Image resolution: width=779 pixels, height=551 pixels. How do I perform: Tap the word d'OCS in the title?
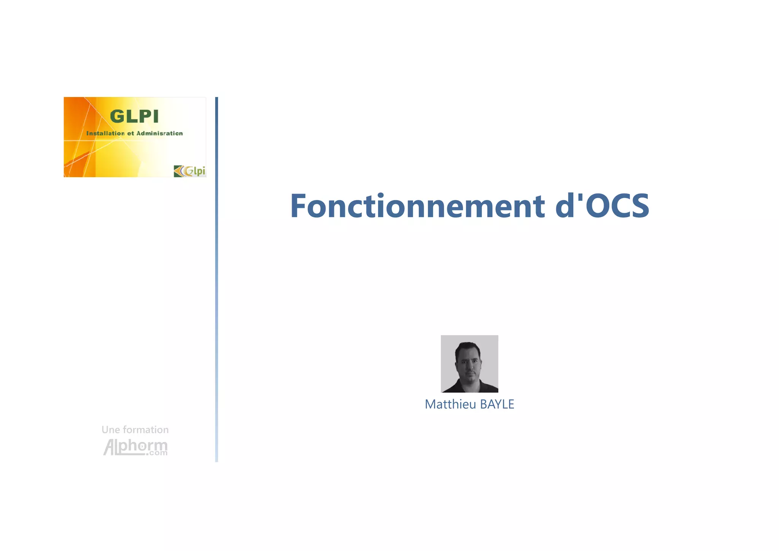pos(602,206)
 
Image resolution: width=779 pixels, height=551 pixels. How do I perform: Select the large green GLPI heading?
pos(134,117)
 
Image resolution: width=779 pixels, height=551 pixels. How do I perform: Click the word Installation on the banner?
pos(105,133)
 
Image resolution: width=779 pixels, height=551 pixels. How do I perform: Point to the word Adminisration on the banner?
pos(159,133)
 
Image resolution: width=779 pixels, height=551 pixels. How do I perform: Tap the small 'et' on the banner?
pos(130,133)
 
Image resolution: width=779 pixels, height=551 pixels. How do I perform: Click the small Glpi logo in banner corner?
pos(189,171)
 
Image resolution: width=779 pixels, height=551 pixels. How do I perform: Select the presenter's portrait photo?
pos(469,364)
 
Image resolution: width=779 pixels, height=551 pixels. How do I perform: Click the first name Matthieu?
pos(450,404)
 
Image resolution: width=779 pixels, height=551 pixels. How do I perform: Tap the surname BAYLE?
pos(497,404)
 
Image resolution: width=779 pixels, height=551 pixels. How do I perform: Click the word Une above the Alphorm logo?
pos(110,430)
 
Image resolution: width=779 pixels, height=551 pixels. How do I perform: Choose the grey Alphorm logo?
pos(135,447)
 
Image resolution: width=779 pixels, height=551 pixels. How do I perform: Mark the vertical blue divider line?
pos(216,279)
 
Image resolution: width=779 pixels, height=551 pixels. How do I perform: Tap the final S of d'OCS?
pos(639,206)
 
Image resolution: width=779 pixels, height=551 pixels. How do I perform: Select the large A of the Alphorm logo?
pos(110,447)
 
